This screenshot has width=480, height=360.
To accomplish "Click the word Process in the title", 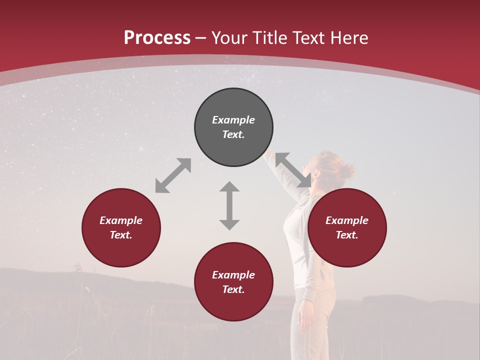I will click(x=157, y=38).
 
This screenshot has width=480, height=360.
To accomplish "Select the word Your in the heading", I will click(x=229, y=38).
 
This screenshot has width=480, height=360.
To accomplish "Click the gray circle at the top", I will click(x=233, y=127).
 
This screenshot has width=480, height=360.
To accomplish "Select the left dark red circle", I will click(x=121, y=227).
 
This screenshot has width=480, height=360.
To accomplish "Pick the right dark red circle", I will click(x=347, y=227).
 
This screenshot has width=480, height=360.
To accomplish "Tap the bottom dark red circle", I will click(x=233, y=281).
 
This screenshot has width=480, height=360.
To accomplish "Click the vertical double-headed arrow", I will click(x=229, y=205).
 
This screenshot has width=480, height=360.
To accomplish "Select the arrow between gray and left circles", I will click(x=173, y=175).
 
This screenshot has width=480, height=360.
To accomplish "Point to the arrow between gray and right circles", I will click(x=293, y=170).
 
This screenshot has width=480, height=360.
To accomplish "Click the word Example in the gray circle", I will click(x=233, y=120).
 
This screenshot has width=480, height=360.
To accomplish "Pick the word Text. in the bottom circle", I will click(x=233, y=289).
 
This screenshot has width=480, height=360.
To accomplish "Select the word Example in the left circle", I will click(x=121, y=220).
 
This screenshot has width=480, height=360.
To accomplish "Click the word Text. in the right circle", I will click(x=347, y=235).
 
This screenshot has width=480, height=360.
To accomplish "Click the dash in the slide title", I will click(x=201, y=38).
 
